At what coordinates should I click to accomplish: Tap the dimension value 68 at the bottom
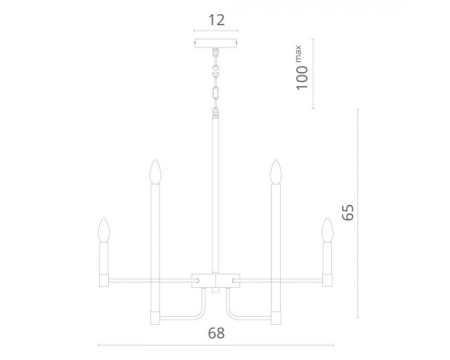216,332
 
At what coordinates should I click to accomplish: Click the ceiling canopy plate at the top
216,44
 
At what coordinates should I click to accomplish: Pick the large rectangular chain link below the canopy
216,93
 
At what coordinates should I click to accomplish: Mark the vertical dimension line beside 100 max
312,73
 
